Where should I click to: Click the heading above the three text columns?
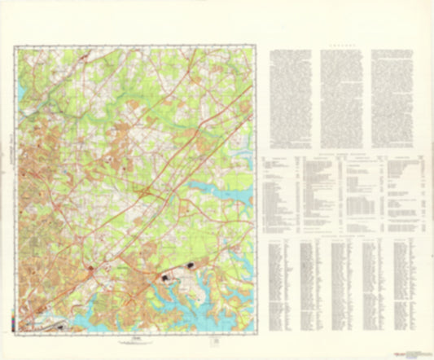[341, 47]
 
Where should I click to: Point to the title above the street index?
[341, 236]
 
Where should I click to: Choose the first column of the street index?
[281, 285]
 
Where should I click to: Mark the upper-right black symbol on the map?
[193, 265]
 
